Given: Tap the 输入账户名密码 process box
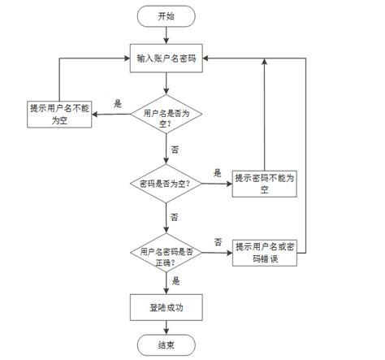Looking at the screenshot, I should [166, 58].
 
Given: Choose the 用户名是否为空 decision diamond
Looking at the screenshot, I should [166, 118].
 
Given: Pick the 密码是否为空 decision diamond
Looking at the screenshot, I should [166, 184].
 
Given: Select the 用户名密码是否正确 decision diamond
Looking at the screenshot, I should [166, 258].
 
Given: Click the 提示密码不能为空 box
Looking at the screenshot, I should [264, 184].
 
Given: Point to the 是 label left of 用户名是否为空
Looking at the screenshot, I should [118, 104].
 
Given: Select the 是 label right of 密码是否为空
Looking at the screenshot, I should [217, 173].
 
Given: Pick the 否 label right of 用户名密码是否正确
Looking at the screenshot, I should [218, 241].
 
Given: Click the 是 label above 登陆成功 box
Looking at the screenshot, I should [176, 280].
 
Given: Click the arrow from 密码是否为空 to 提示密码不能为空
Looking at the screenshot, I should [215, 184].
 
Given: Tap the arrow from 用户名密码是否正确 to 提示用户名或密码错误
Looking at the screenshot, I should [216, 254].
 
